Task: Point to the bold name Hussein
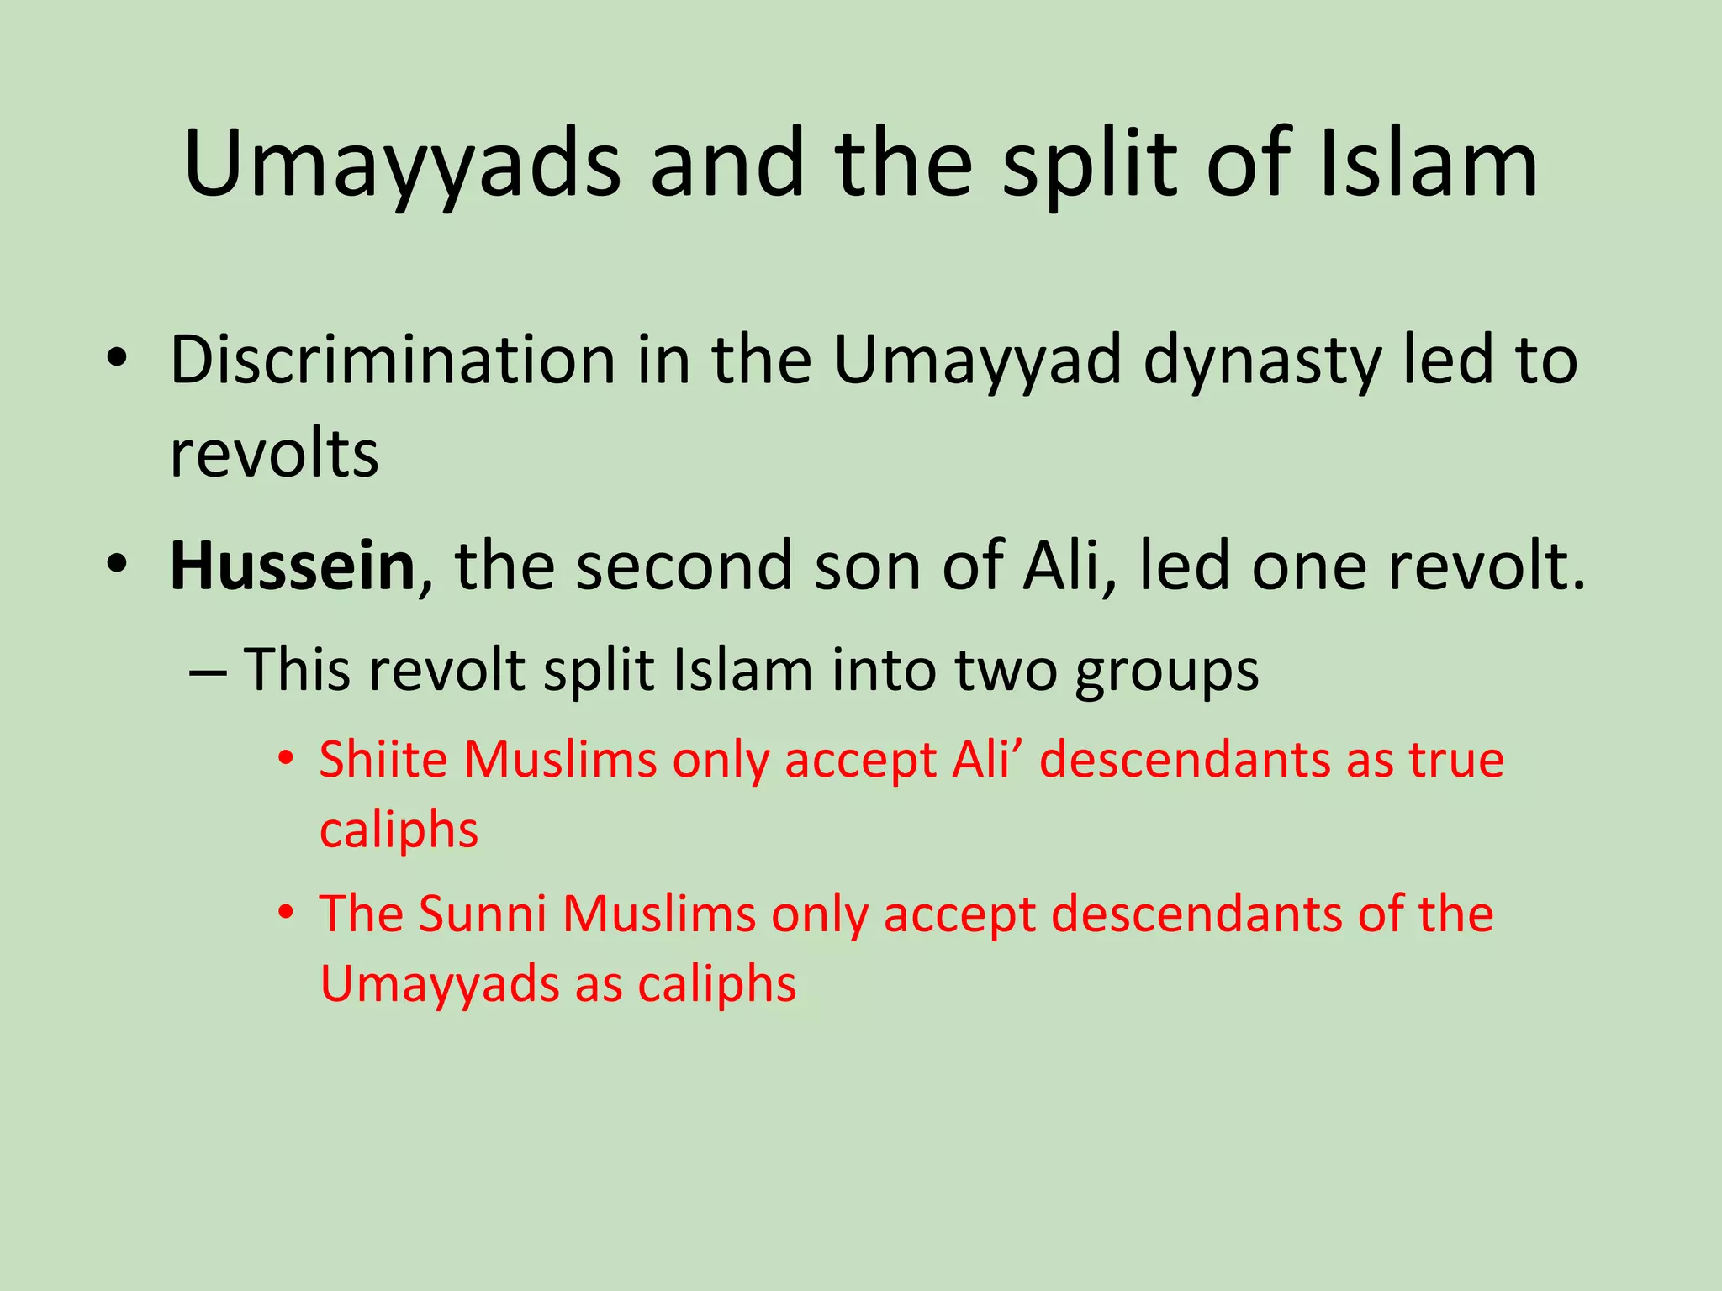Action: click(x=293, y=566)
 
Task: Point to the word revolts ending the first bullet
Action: click(x=274, y=454)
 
